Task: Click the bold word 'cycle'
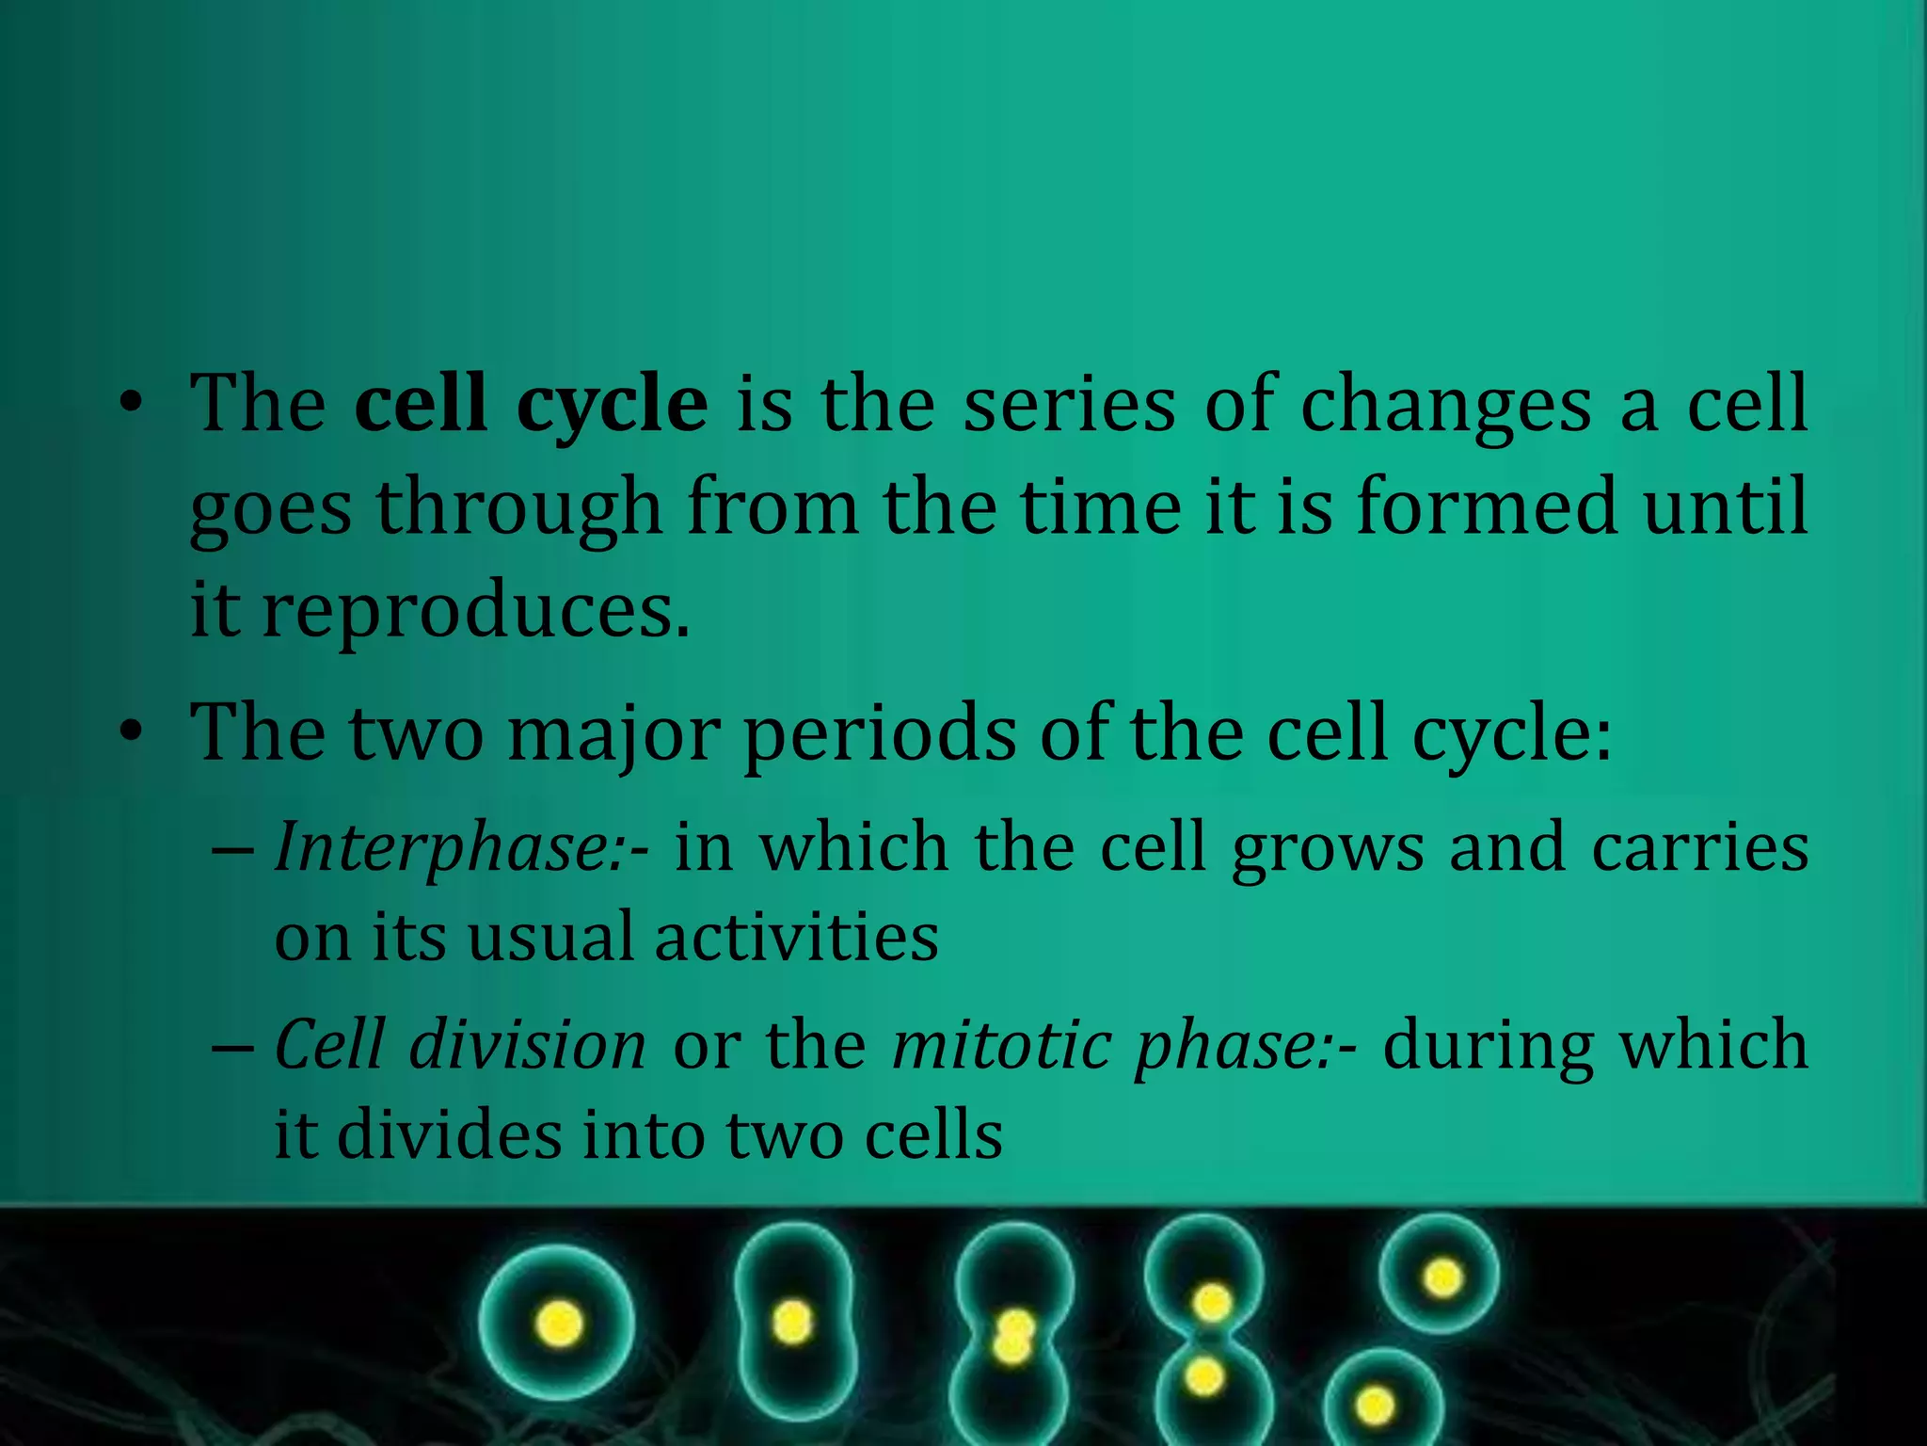coord(612,405)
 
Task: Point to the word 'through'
coord(520,508)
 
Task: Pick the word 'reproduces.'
coord(476,612)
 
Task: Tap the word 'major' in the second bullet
coord(613,734)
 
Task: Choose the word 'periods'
coord(880,734)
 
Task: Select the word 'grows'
coord(1328,848)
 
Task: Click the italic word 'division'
coord(527,1045)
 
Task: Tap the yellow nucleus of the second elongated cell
coord(792,1321)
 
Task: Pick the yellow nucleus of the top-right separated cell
coord(1441,1278)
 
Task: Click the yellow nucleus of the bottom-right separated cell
coord(1376,1406)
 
